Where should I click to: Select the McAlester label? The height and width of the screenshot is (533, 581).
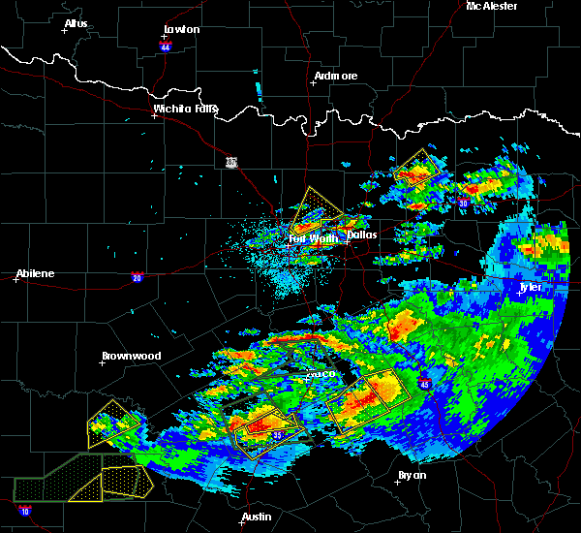tap(491, 6)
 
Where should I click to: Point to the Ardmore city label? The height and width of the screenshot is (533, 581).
tap(336, 76)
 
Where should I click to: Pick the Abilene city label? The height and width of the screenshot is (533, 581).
tap(34, 273)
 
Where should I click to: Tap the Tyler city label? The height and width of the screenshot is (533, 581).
tap(531, 287)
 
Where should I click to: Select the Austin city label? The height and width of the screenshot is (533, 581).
tap(257, 517)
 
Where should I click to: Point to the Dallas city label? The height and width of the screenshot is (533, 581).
tap(361, 235)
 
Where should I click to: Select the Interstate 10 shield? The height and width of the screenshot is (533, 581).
tap(23, 510)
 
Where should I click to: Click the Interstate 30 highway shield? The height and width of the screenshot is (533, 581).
tap(464, 204)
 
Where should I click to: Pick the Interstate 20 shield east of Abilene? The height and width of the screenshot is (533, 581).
tap(136, 276)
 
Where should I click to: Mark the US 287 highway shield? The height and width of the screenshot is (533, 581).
tap(231, 162)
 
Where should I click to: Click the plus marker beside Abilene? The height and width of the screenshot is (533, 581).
tap(17, 280)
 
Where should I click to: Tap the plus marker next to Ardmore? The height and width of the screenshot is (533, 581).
tap(312, 82)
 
